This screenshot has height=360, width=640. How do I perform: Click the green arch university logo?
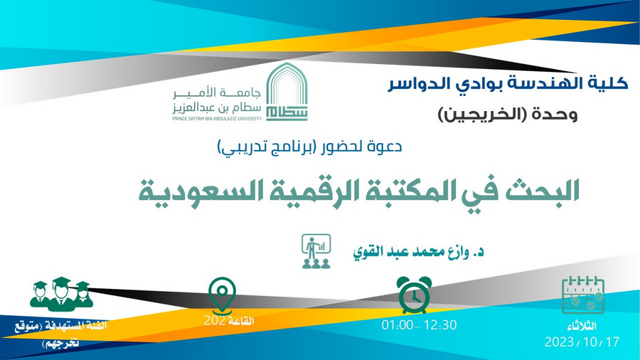coord(287,92)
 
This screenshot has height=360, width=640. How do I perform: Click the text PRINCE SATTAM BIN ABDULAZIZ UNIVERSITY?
coord(217,119)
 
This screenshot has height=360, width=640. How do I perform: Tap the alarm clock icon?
coord(414,295)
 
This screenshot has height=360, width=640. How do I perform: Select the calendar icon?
coord(583,295)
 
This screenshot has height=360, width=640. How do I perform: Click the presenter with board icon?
coord(316,251)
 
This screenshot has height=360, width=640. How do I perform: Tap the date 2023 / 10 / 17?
coord(582,342)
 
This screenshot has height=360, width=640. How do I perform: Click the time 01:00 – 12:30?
coord(419,325)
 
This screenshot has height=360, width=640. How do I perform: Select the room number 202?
coord(215,321)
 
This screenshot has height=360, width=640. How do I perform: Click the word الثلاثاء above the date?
coord(582,326)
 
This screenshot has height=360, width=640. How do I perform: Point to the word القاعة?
coord(241,321)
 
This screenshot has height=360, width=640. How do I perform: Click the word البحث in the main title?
coord(542,191)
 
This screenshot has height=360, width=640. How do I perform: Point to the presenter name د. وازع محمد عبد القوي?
coord(418,251)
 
